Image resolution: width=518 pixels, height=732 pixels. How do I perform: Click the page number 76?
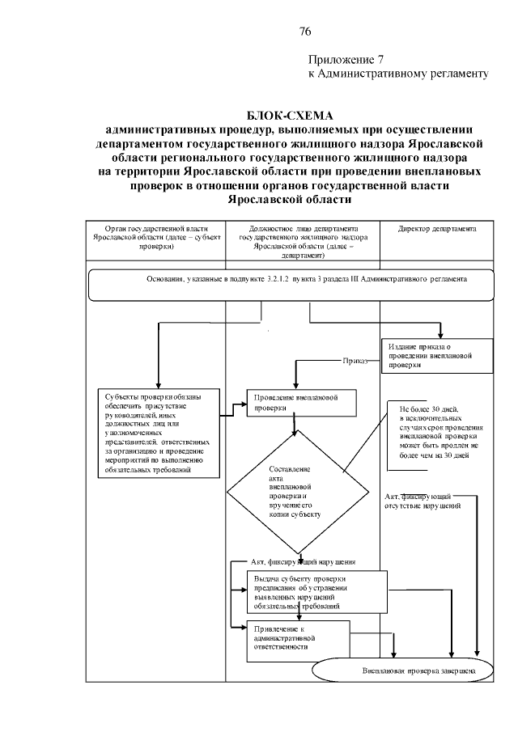pyautogui.click(x=305, y=32)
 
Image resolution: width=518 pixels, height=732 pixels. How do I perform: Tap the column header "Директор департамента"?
pyautogui.click(x=437, y=229)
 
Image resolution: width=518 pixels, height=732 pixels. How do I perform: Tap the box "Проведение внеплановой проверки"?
pyautogui.click(x=296, y=404)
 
